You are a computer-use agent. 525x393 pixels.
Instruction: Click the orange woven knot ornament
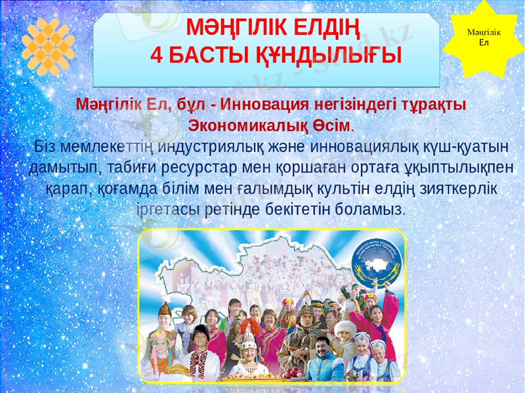(47, 46)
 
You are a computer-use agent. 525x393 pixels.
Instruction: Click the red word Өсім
(333, 124)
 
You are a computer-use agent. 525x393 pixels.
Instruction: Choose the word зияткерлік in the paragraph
(453, 189)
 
